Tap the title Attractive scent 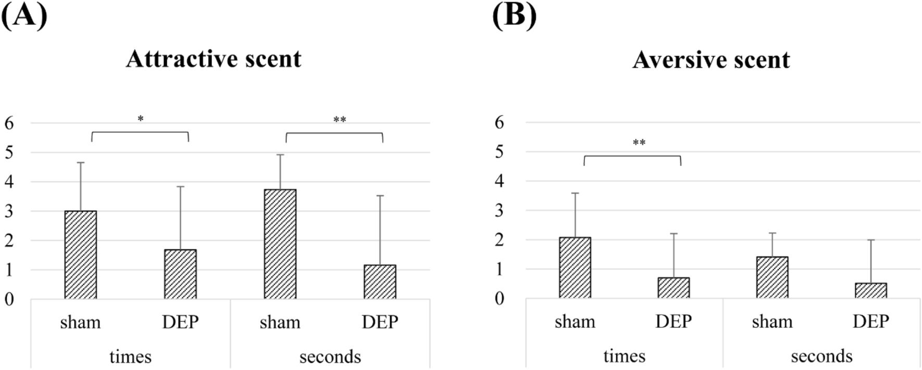pos(214,59)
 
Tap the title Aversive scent pos(711,60)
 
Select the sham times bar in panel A pos(81,255)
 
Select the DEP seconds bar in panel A pos(380,282)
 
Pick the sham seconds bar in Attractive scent pos(280,244)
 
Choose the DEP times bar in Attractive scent pos(180,274)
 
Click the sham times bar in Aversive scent pos(575,267)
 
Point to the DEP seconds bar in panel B pos(870,290)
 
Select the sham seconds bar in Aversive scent pos(772,277)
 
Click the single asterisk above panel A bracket pos(141,119)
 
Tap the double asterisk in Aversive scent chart pos(639,143)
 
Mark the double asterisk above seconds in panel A pos(340,120)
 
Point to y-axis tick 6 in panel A pos(9,123)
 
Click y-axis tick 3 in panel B pos(500,210)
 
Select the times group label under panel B pos(624,356)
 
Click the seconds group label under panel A pos(330,357)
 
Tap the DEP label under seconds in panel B pos(870,322)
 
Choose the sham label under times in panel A pos(80,323)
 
